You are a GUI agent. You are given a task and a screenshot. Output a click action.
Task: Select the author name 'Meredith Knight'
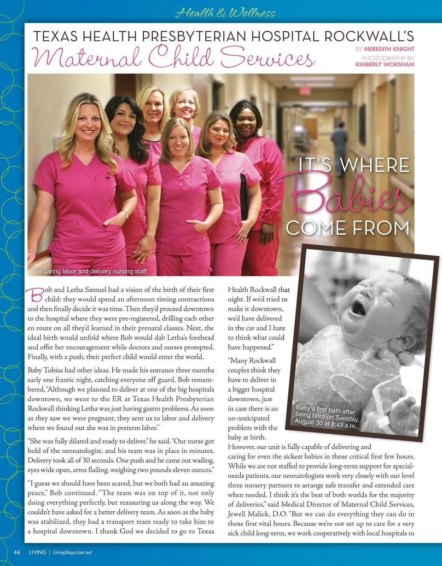pos(390,49)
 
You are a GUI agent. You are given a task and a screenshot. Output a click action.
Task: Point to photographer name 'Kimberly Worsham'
pos(385,64)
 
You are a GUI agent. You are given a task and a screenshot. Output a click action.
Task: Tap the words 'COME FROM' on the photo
pos(347,227)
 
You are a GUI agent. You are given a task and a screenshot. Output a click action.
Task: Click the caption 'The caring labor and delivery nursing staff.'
pos(89,271)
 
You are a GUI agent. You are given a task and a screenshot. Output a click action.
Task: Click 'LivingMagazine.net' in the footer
pos(71,552)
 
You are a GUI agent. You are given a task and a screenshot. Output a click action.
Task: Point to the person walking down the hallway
pos(339,147)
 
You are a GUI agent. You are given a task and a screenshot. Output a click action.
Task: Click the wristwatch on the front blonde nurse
pos(125,215)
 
